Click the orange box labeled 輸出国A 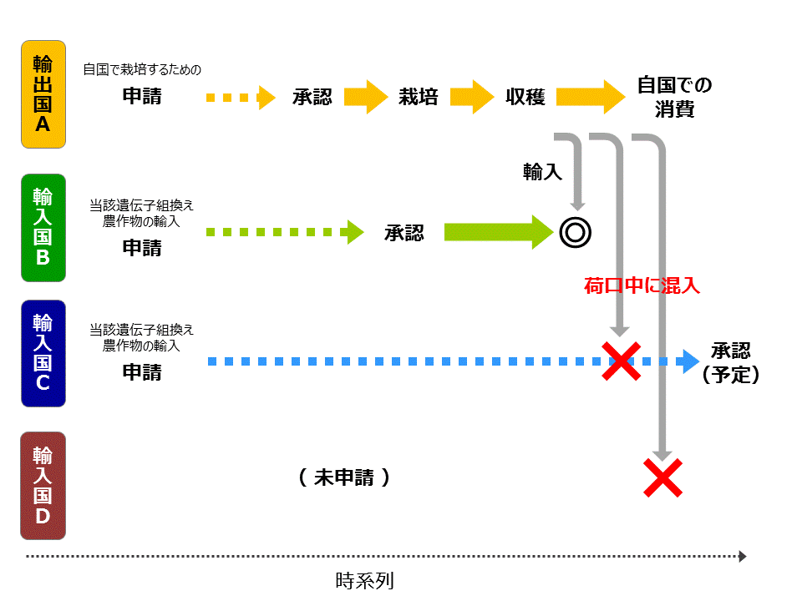coord(43,94)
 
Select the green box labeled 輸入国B coord(43,227)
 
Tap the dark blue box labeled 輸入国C coord(43,353)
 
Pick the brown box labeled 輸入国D coord(43,486)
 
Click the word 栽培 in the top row coord(418,97)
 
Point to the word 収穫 coord(525,97)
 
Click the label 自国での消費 coord(674,97)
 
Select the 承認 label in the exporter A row coord(312,97)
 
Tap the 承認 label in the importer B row coord(404,233)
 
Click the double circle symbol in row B coord(575,233)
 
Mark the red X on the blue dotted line coord(622,361)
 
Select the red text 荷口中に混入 coord(641,285)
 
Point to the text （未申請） coord(343,477)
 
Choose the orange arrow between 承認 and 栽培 coord(366,97)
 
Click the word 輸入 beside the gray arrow coord(542,171)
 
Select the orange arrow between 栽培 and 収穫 coord(472,97)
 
